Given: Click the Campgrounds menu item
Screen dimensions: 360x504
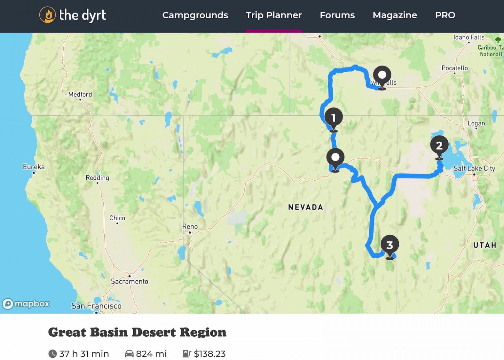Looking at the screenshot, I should [195, 15].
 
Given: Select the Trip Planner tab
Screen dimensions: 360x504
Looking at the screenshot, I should [274, 15].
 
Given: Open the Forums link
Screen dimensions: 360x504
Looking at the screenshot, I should [337, 15].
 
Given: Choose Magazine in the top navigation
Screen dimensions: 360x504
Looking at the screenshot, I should [395, 15].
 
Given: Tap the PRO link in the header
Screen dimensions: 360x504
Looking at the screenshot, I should [445, 15].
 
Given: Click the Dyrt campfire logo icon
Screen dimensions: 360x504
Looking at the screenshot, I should [47, 15].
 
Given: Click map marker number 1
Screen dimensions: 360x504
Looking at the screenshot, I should [333, 118].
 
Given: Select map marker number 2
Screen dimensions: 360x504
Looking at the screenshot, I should [439, 146].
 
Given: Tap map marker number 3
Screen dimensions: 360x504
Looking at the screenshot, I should [389, 245].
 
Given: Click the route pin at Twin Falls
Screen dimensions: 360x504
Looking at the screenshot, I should [382, 76].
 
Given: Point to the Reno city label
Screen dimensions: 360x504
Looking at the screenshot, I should [190, 227].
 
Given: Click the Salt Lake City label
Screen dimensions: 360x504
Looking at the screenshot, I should [474, 169].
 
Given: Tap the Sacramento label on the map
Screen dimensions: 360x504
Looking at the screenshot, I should [129, 281].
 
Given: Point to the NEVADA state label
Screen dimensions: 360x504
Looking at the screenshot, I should [305, 207].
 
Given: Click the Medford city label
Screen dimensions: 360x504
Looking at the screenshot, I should [80, 94].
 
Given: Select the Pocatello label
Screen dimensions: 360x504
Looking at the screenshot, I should [454, 68].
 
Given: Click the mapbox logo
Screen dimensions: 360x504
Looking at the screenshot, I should [26, 304].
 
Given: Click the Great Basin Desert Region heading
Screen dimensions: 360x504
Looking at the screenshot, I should [137, 332].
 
